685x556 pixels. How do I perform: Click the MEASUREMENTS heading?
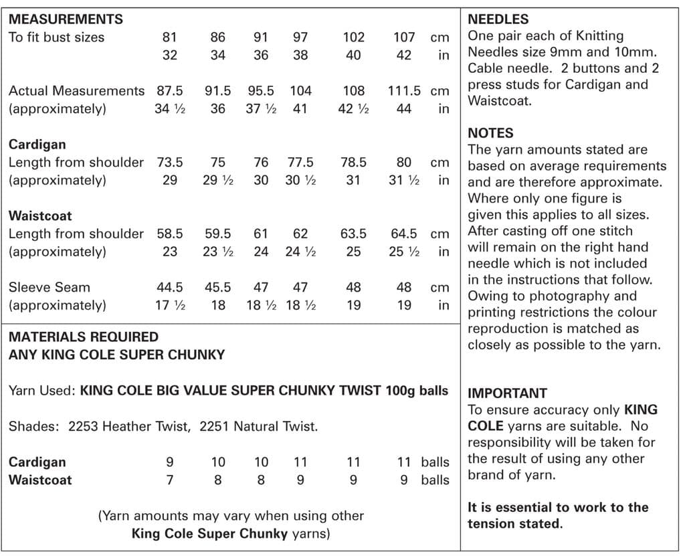[x=66, y=19]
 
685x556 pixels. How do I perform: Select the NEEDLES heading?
[x=498, y=19]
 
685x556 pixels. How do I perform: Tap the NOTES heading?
[x=490, y=133]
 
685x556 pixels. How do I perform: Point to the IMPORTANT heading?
[x=507, y=393]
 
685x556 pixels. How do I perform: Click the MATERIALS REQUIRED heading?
[x=83, y=337]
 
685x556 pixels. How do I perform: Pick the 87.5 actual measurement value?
[x=170, y=90]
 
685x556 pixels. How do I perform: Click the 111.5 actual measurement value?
[x=404, y=90]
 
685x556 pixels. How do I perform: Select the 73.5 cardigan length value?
[x=170, y=162]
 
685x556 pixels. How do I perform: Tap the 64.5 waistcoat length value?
[x=404, y=234]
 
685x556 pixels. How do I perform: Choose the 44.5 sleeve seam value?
[x=170, y=287]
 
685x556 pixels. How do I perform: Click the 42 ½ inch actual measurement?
[x=354, y=108]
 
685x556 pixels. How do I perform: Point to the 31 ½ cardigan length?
[x=404, y=180]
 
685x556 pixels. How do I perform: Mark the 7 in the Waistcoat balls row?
[x=170, y=480]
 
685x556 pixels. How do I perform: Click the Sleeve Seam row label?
[x=50, y=287]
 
